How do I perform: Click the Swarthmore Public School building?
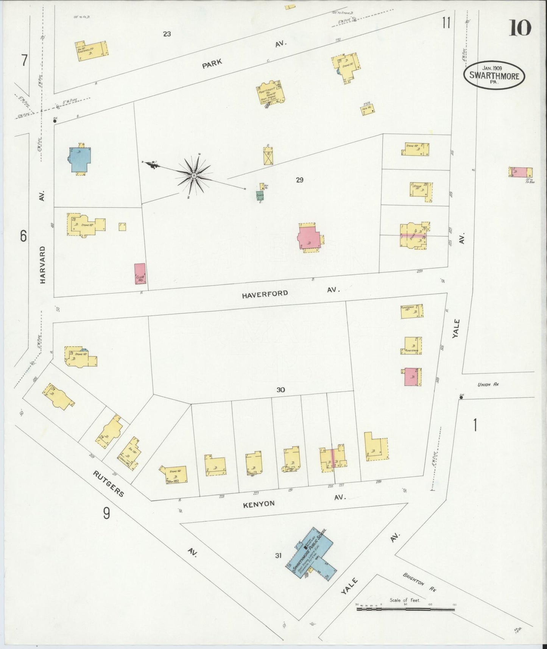310,551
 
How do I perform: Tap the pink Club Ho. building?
140,274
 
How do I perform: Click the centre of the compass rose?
194,175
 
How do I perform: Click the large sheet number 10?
520,28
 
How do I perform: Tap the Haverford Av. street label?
265,294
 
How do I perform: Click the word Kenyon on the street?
259,504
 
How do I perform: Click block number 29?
299,180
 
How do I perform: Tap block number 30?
280,390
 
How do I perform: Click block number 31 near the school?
278,555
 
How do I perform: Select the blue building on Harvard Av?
80,159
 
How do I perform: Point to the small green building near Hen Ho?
260,195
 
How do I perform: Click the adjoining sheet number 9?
106,513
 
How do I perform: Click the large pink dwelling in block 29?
309,237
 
